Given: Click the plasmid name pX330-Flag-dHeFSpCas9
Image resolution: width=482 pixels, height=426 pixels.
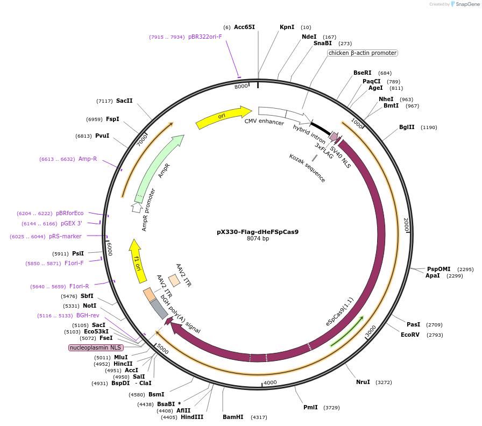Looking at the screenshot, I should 258,232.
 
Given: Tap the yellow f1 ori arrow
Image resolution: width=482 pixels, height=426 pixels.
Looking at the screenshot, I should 138,261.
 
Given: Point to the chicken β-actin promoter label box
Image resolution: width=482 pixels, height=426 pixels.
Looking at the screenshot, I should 363,53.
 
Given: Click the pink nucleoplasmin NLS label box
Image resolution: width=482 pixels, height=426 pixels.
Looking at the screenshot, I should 96,348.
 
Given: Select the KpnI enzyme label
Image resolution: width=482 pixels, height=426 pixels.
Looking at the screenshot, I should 287,27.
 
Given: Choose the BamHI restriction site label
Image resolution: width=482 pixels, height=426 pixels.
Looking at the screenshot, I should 233,417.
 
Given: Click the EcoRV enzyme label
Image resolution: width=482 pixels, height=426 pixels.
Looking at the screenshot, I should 410,335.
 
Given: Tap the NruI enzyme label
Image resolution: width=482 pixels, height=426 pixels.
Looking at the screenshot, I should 363,382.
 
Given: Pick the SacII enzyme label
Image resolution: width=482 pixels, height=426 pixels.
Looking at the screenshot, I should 124,101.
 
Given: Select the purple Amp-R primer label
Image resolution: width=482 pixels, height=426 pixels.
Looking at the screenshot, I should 88,159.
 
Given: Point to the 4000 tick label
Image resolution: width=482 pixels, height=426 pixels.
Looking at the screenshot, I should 270,382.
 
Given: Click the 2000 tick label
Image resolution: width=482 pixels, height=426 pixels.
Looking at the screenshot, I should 407,224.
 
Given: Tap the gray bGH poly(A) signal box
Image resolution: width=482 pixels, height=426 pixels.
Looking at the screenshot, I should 159,309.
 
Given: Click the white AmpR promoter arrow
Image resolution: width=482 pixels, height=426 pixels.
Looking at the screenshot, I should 137,207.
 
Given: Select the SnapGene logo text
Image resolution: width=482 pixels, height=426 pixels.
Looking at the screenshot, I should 466,4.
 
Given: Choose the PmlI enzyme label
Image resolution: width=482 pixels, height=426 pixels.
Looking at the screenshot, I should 310,407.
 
